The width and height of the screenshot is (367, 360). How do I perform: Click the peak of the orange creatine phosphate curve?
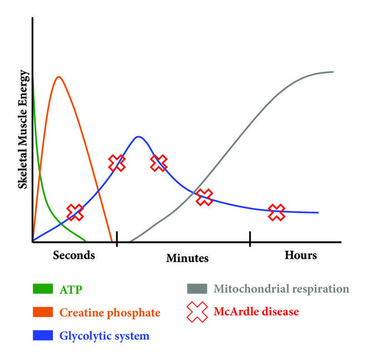(x=59, y=77)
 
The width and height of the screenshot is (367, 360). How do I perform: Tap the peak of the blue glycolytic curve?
(x=138, y=137)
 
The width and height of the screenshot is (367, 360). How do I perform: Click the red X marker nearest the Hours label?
(x=277, y=212)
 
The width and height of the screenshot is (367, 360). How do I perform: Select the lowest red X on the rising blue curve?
(x=75, y=212)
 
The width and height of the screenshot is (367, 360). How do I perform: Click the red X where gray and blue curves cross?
(x=204, y=197)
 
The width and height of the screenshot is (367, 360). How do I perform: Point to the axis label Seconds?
(x=74, y=255)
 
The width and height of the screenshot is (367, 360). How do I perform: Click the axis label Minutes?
(x=187, y=258)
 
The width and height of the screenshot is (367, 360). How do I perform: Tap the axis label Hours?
(x=301, y=255)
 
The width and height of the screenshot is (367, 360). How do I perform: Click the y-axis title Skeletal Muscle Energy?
(x=23, y=129)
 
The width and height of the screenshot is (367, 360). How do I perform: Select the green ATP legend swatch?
(x=43, y=289)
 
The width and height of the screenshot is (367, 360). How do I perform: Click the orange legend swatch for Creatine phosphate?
(x=43, y=312)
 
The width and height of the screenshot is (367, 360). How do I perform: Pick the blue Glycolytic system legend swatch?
(x=43, y=335)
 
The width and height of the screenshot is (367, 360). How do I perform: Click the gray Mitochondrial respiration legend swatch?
(x=197, y=289)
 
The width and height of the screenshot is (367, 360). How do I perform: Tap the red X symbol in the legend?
(x=197, y=312)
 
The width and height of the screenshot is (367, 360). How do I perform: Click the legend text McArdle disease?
(x=256, y=312)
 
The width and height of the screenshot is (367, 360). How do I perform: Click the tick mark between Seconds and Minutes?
(x=117, y=239)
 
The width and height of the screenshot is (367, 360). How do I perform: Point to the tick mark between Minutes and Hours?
(x=250, y=239)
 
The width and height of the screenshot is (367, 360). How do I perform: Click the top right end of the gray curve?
(x=333, y=72)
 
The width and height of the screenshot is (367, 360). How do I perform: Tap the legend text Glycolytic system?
(x=105, y=336)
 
